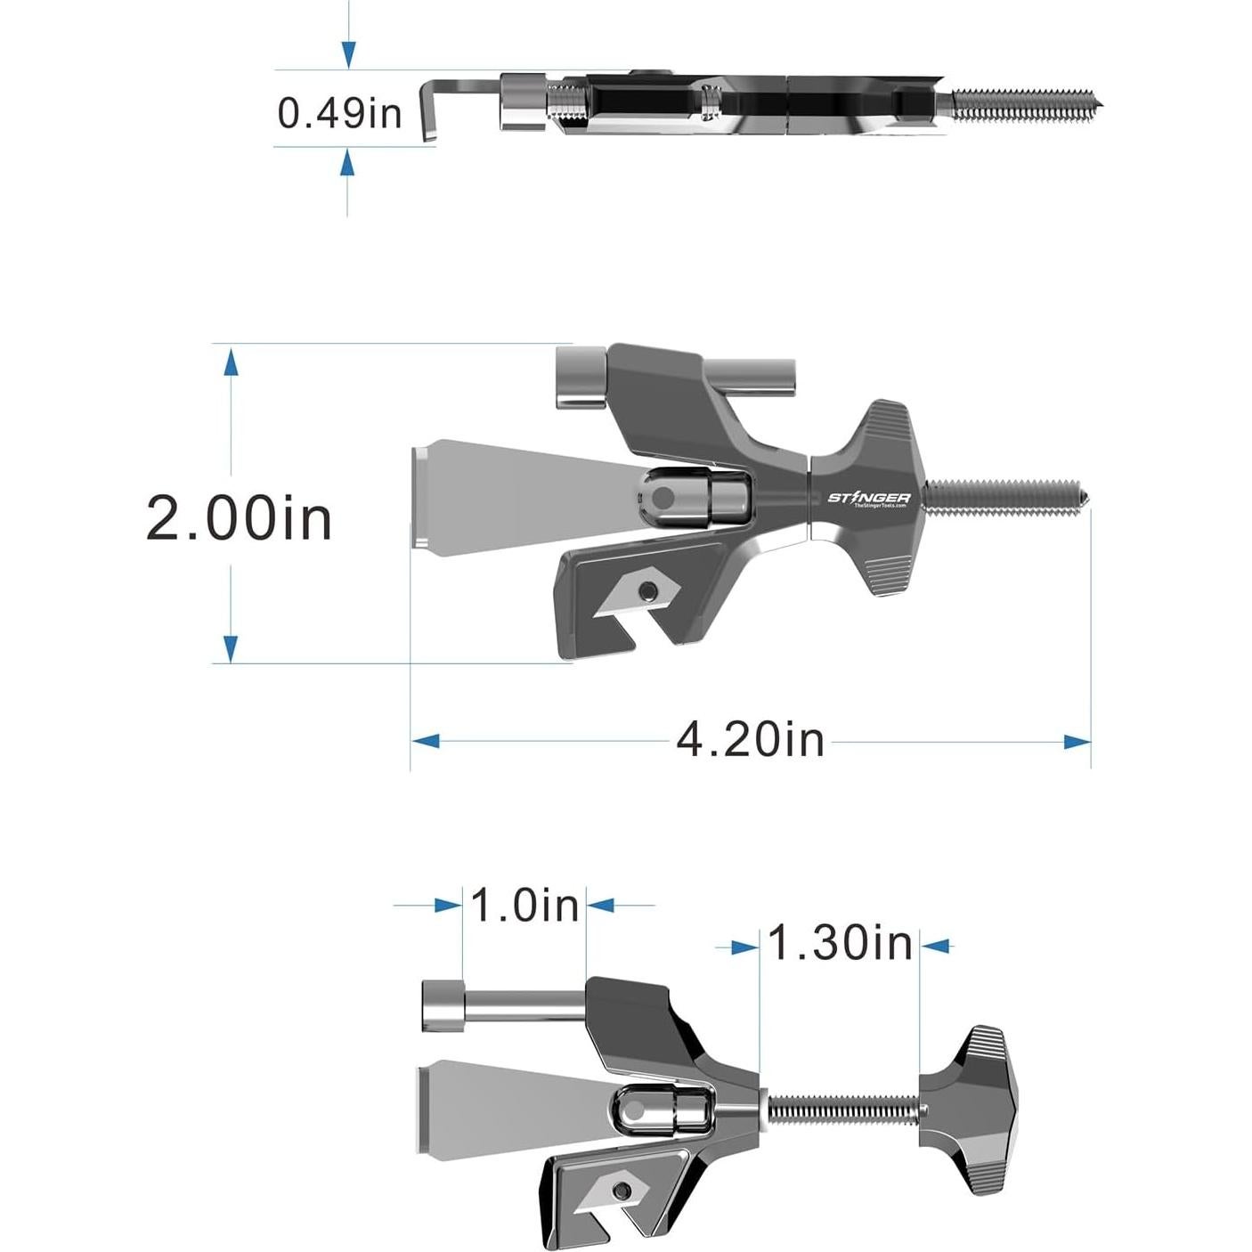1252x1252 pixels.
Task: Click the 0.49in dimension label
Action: pyautogui.click(x=338, y=113)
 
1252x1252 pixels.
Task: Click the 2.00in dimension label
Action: pyautogui.click(x=239, y=518)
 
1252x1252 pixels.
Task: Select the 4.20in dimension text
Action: pyautogui.click(x=750, y=740)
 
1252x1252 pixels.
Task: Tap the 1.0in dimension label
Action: pyautogui.click(x=524, y=906)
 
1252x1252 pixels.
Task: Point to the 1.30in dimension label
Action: pyautogui.click(x=840, y=943)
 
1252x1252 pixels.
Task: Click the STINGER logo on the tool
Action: pyautogui.click(x=868, y=498)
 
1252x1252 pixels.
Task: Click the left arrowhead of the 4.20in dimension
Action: pyautogui.click(x=426, y=741)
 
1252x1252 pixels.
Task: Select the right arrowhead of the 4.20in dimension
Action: pyautogui.click(x=1077, y=741)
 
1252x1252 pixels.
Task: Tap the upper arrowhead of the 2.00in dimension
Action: pyautogui.click(x=231, y=362)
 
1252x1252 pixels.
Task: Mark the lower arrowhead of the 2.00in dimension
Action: pyautogui.click(x=231, y=648)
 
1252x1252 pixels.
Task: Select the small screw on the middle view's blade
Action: pyautogui.click(x=651, y=589)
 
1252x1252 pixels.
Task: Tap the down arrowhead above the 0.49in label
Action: pyautogui.click(x=348, y=55)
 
